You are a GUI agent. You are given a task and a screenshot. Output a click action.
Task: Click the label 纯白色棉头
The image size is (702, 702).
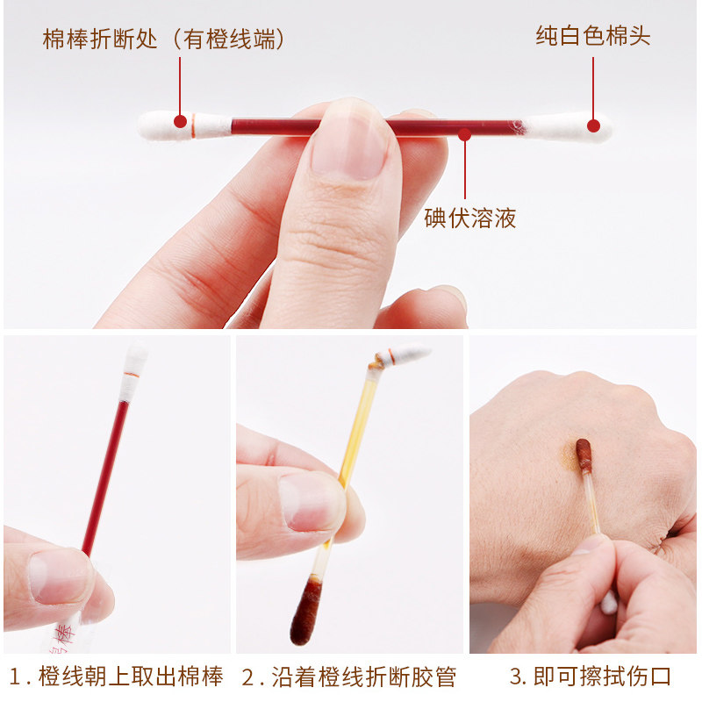pyautogui.click(x=593, y=36)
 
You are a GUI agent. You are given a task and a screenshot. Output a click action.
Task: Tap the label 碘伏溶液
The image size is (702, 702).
pyautogui.click(x=470, y=218)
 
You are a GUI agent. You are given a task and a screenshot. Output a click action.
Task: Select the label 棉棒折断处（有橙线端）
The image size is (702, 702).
pyautogui.click(x=164, y=39)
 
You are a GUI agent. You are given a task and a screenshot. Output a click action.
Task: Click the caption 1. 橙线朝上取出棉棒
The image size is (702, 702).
pyautogui.click(x=116, y=676)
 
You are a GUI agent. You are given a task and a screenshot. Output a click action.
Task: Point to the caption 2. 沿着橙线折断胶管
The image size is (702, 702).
pyautogui.click(x=348, y=676)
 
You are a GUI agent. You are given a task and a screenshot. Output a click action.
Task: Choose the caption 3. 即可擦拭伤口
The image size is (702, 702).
pyautogui.click(x=591, y=676)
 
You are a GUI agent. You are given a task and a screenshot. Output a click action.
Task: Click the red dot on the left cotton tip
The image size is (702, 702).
pyautogui.click(x=180, y=121)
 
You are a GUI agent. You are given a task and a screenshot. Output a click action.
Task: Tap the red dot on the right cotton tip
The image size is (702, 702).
pyautogui.click(x=593, y=125)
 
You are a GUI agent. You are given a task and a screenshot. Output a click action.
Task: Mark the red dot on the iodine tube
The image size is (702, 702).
pyautogui.click(x=465, y=134)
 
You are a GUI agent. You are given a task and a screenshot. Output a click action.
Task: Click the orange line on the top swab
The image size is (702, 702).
pyautogui.click(x=193, y=125)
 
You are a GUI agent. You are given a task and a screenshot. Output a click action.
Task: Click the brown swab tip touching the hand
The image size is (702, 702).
pyautogui.click(x=584, y=455)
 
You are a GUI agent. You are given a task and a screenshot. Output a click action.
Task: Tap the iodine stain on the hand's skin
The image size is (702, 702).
pyautogui.click(x=569, y=455)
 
